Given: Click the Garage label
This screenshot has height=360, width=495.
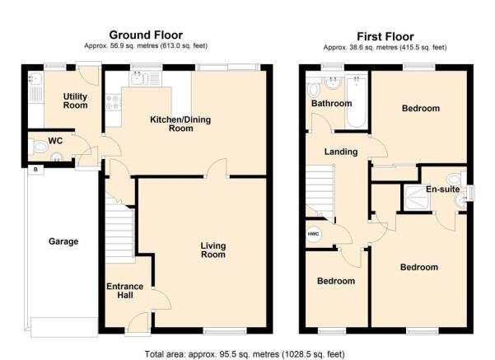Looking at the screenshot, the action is [x=63, y=241].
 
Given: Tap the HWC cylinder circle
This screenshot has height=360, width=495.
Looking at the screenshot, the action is [x=314, y=234].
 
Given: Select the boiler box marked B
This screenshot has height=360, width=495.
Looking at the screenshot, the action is [x=35, y=170].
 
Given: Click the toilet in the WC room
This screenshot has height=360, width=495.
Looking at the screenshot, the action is [x=38, y=147].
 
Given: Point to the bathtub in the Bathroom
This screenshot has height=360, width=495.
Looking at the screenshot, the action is [x=357, y=101].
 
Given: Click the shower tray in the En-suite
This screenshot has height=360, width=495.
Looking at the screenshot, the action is [x=417, y=198].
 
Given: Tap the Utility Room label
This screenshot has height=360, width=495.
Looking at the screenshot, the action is [x=75, y=101].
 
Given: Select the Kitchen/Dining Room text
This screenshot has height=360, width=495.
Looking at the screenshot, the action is [x=180, y=124].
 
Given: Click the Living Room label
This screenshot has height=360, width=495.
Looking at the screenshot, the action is [x=213, y=250].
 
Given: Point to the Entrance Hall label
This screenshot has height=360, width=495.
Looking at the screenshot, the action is [x=125, y=291].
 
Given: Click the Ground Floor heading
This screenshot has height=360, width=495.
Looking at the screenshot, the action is [x=146, y=35].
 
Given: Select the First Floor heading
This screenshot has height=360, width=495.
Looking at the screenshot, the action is [x=385, y=36].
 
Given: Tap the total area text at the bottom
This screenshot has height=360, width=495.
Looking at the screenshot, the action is [x=245, y=354].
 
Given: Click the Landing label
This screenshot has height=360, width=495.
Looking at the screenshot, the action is [x=341, y=152].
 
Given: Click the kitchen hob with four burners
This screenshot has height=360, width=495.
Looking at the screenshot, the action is [x=113, y=102].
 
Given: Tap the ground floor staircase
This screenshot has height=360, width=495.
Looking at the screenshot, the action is [x=119, y=228].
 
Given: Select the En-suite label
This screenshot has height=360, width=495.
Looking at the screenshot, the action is [x=442, y=189].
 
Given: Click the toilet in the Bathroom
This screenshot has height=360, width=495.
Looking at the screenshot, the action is [x=314, y=90].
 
